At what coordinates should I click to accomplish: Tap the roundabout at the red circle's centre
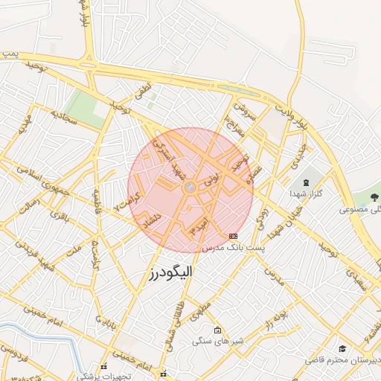tap(190, 188)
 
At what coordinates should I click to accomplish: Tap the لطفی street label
tap(142, 92)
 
